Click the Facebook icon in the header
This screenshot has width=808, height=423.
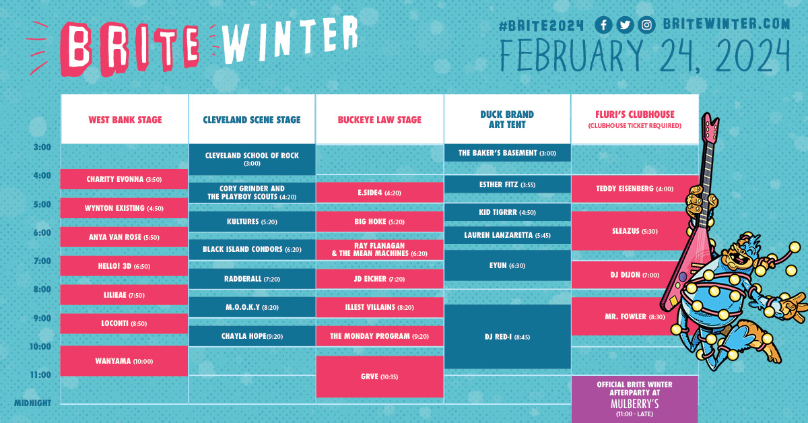[x=603, y=25]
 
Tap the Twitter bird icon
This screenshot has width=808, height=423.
[x=625, y=25]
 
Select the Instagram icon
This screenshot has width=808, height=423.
[x=647, y=25]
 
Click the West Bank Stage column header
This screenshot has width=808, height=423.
[x=125, y=120]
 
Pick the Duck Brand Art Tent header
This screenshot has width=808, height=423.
[x=507, y=119]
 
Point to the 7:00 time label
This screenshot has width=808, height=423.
[x=42, y=261]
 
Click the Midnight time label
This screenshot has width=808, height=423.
[x=32, y=403]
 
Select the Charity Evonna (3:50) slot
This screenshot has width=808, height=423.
[x=124, y=179]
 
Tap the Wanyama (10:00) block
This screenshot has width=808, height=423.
[x=124, y=361]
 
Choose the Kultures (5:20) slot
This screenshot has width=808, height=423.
[x=252, y=222]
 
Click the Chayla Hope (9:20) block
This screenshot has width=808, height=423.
[x=252, y=336]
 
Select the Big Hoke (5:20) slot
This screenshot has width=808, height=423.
[x=380, y=222]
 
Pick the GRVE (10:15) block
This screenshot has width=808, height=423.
[x=380, y=377]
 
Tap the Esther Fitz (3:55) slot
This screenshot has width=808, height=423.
[x=507, y=185]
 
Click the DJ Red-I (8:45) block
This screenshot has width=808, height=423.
[x=507, y=337]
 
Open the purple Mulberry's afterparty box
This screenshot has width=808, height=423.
[x=634, y=399]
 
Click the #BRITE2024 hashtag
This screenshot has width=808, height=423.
[x=541, y=26]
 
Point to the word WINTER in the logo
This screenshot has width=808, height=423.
[x=290, y=40]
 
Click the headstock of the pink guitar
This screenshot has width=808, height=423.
[x=710, y=127]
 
